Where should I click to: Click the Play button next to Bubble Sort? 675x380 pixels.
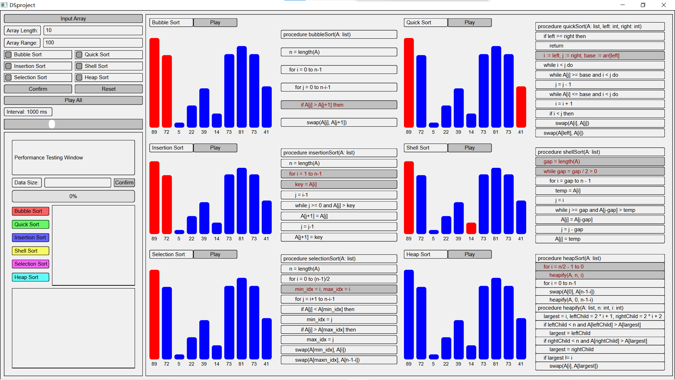coord(215,23)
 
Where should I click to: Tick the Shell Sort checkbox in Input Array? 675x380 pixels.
coord(79,66)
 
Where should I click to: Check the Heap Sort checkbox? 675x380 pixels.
coord(79,77)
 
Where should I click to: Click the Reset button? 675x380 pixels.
coord(109,89)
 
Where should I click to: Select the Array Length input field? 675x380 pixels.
coord(93,31)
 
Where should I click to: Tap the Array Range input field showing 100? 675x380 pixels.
coord(93,43)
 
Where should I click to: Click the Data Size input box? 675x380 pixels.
coord(78,183)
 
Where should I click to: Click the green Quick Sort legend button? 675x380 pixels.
coord(31,224)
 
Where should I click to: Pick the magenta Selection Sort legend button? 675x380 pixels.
coord(31,264)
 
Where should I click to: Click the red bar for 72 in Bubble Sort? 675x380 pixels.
coord(167,91)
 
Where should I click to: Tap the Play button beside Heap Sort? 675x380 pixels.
coord(469,254)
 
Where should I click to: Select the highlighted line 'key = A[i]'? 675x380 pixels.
coord(339,184)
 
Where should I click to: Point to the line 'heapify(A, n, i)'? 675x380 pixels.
coord(600,275)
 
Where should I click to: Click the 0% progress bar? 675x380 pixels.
coord(73,196)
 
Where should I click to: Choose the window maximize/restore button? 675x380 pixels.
coord(643,5)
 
